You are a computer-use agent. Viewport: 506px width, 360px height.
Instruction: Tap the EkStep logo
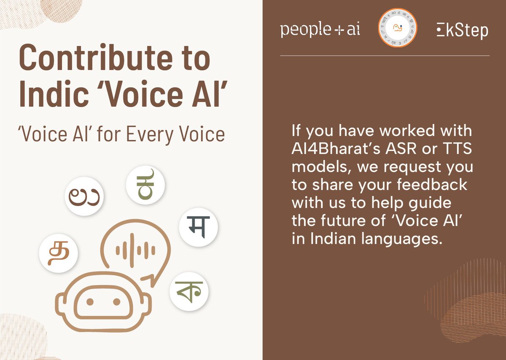point(462,30)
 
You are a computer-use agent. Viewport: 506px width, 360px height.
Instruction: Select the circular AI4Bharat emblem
point(397,29)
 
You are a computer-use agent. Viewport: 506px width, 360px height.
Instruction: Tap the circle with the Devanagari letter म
point(198,227)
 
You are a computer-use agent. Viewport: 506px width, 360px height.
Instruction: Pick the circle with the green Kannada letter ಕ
point(145,187)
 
